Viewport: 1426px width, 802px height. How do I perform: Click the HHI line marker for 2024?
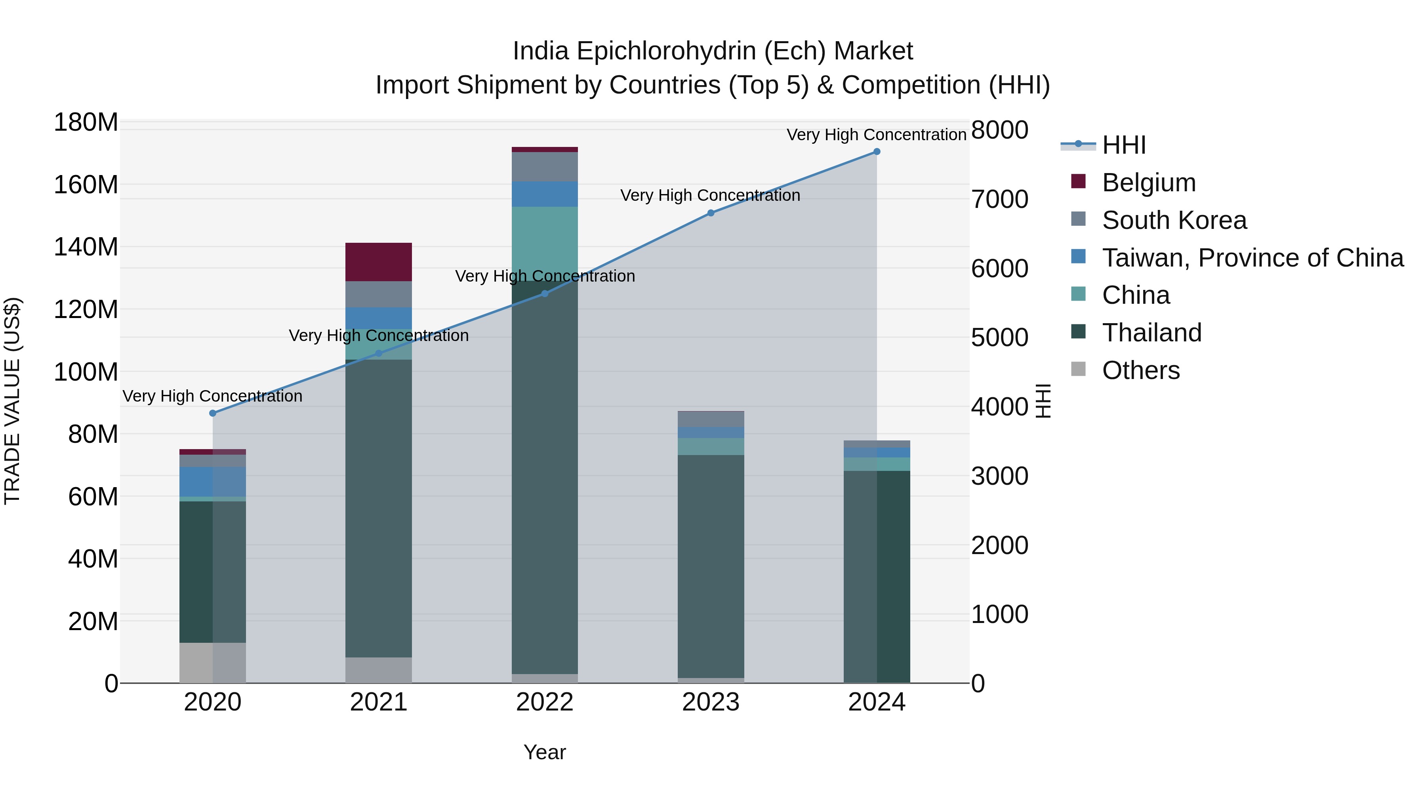tap(876, 152)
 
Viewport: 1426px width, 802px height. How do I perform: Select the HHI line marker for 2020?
tap(213, 413)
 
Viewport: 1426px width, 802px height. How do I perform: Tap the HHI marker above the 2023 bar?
tap(711, 213)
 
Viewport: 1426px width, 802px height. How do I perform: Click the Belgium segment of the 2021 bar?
tap(379, 262)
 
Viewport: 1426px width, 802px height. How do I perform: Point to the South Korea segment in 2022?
tap(545, 167)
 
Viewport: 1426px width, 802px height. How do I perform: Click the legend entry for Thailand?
tap(1151, 333)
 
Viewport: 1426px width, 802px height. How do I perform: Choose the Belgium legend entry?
tap(1149, 183)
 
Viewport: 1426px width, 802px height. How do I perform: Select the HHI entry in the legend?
tap(1124, 145)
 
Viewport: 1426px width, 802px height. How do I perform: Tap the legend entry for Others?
tap(1140, 370)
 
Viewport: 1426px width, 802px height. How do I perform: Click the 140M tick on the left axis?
tap(86, 247)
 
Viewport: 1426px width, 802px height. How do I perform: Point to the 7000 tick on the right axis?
tap(1000, 199)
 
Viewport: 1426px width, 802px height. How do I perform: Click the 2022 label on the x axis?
tap(545, 702)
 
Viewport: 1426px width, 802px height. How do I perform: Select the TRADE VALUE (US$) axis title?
tap(12, 401)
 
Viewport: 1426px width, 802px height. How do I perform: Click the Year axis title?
tap(545, 752)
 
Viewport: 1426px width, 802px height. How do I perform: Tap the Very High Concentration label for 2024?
tap(876, 135)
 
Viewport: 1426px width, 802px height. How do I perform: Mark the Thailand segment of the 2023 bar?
tap(711, 564)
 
